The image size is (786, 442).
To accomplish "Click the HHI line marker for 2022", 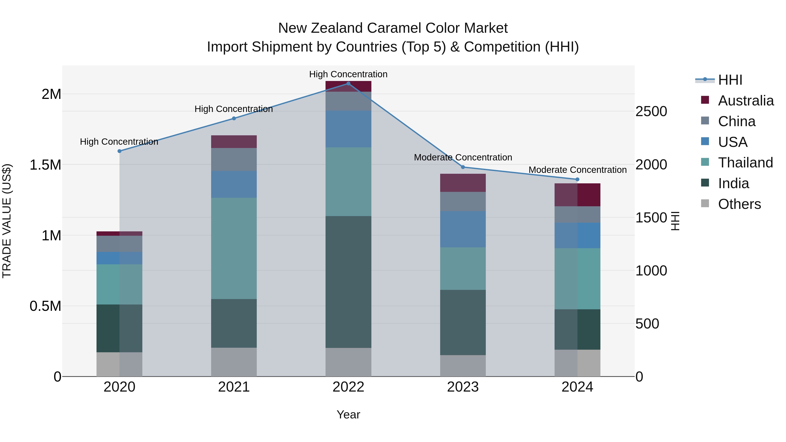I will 348,84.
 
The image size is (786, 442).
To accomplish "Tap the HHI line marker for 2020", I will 120,151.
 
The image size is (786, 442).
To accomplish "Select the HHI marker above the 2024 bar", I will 577,179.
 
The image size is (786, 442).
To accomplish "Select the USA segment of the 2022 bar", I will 348,129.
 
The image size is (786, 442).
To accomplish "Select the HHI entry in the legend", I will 730,80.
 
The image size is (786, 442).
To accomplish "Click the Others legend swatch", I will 705,203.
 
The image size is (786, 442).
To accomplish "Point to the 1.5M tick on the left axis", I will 45,165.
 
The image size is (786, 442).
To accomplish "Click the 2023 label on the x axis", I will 463,387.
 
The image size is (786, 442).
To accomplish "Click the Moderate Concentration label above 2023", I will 463,157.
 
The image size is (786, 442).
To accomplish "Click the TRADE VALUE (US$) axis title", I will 7,221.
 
